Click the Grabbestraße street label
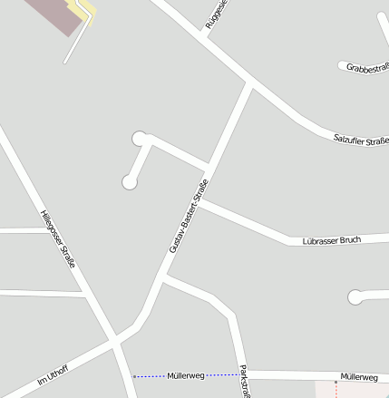click(x=367, y=67)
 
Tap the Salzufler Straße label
click(x=361, y=139)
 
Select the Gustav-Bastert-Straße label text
click(x=189, y=216)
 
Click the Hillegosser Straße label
click(x=57, y=238)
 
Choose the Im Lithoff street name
click(x=53, y=374)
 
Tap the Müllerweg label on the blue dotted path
click(x=186, y=374)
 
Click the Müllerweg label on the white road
click(x=359, y=376)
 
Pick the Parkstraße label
click(x=243, y=382)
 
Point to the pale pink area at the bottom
click(x=354, y=390)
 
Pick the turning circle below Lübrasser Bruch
click(x=355, y=296)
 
